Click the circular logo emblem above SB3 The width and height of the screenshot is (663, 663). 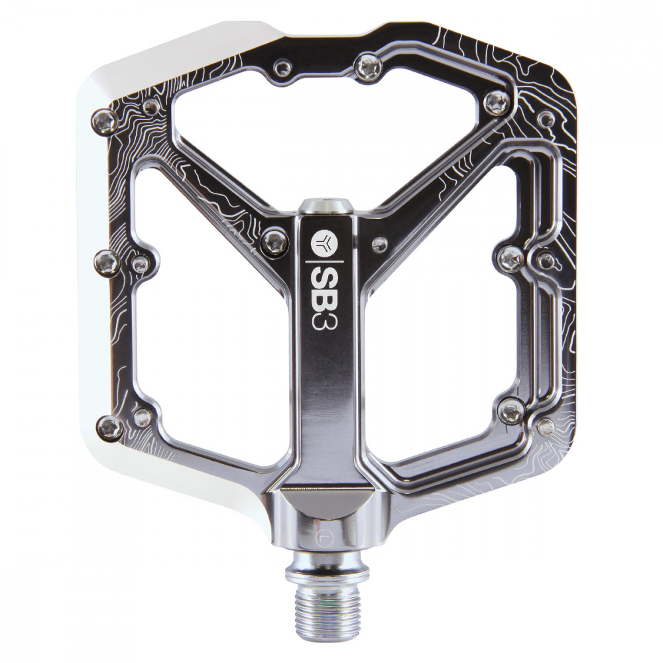[323, 241]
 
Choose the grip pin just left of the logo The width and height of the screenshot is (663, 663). [274, 242]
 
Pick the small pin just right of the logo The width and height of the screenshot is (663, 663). [379, 243]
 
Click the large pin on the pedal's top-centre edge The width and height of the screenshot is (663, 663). [368, 66]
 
